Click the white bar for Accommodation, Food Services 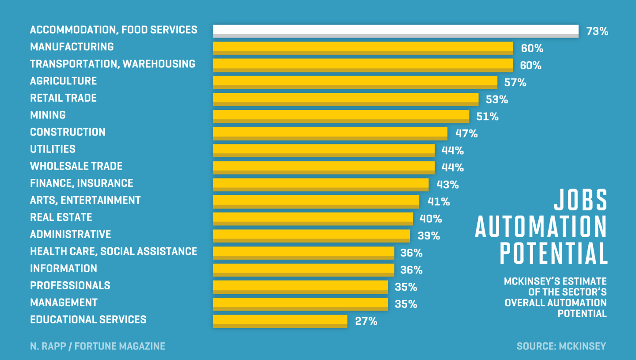pyautogui.click(x=395, y=31)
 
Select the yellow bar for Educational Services pyautogui.click(x=280, y=321)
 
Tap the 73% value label pyautogui.click(x=597, y=31)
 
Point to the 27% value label pyautogui.click(x=366, y=321)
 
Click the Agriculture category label pyautogui.click(x=63, y=81)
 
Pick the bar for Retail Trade pyautogui.click(x=345, y=99)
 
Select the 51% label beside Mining pyautogui.click(x=488, y=117)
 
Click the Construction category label pyautogui.click(x=68, y=132)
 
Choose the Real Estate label pyautogui.click(x=61, y=217)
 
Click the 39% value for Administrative pyautogui.click(x=429, y=236)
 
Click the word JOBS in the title pyautogui.click(x=580, y=201)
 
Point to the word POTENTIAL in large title pyautogui.click(x=553, y=254)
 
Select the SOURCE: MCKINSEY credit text pyautogui.click(x=561, y=346)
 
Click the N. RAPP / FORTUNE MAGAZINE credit pyautogui.click(x=98, y=346)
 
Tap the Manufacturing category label pyautogui.click(x=72, y=47)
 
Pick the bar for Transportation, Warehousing pyautogui.click(x=363, y=65)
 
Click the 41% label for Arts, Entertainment pyautogui.click(x=439, y=202)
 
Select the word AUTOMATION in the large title pyautogui.click(x=541, y=227)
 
